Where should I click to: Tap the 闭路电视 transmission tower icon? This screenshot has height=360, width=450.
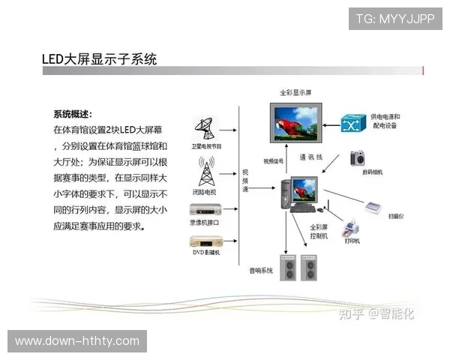[205, 171]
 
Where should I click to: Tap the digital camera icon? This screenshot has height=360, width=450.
[357, 158]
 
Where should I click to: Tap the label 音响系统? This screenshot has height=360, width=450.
[262, 270]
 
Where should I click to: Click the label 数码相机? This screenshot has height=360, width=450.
[371, 172]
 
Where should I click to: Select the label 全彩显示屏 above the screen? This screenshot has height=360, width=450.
[295, 93]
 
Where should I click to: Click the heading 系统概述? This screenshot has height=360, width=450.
[73, 114]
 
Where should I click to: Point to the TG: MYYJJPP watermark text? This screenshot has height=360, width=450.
[395, 18]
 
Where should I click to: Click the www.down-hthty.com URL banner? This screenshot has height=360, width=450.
[77, 341]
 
